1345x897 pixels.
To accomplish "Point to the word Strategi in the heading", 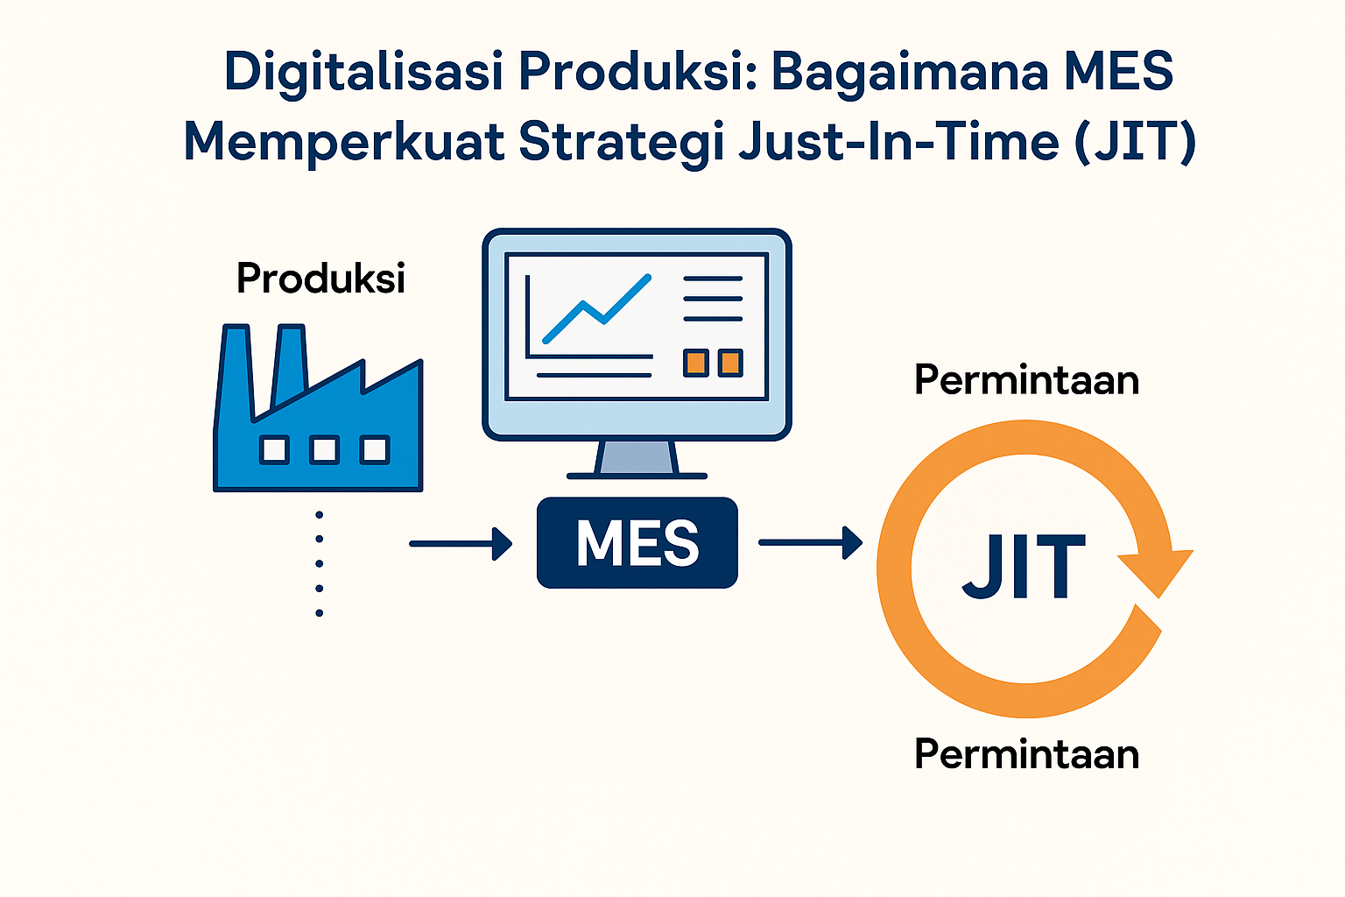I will coord(621,143).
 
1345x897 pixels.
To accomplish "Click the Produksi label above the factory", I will coord(320,279).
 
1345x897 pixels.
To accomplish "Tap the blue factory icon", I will coord(318,420).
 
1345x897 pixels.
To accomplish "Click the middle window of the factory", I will coord(324,450).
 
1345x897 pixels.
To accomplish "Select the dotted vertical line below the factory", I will coord(319,563).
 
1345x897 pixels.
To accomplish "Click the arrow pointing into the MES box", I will coord(461,543).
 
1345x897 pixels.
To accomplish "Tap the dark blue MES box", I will coord(637,543).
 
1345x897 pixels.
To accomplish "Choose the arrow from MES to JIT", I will coord(810,543).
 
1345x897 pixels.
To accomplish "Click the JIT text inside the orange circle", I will coord(1023,568).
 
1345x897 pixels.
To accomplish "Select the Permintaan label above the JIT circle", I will coord(1026,380).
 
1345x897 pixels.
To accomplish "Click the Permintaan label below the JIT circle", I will coord(1026,754).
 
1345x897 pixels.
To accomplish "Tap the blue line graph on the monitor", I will coord(597,309).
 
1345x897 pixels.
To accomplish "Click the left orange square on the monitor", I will coord(696,363).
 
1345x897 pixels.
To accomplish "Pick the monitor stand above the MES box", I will coord(637,458).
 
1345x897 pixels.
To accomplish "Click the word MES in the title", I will coord(1117,72).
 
